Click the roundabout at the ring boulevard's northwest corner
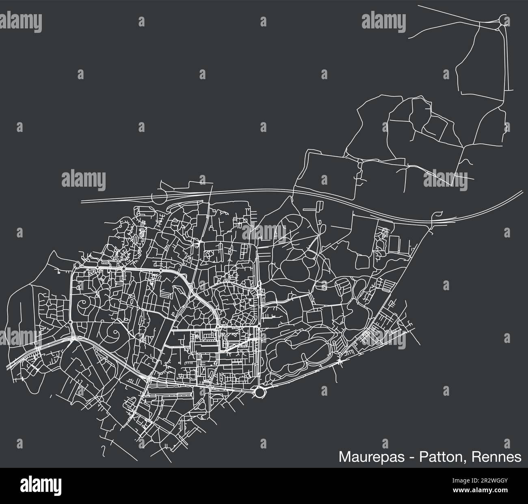click(x=77, y=265)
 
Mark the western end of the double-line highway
click(x=82, y=200)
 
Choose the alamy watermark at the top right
click(x=382, y=19)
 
